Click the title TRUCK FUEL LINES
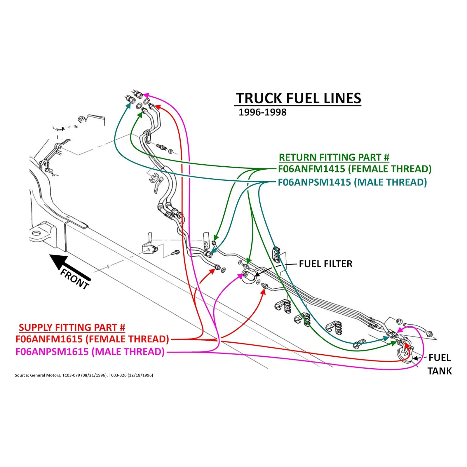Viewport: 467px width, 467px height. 298,98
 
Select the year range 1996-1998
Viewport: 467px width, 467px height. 262,112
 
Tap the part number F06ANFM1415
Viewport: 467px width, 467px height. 311,169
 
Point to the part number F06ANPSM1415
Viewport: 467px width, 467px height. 314,182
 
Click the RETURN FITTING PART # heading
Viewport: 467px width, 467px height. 334,157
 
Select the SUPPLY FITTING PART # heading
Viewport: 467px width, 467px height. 72,327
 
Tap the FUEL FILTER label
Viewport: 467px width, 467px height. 326,264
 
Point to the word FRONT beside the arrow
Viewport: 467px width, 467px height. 74,279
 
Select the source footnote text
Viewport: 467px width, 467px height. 84,375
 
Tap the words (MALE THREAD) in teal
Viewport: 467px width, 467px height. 390,182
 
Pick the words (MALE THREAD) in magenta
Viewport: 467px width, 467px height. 128,352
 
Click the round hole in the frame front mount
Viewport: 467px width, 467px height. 36,233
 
